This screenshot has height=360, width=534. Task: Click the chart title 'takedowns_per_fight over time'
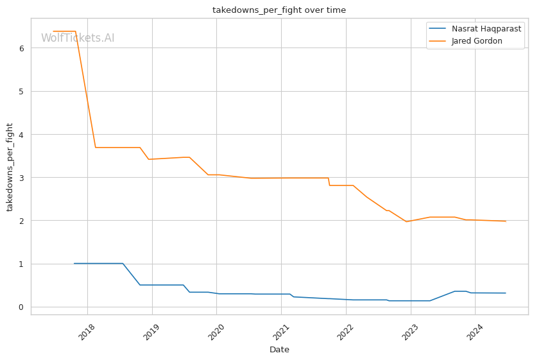(279, 10)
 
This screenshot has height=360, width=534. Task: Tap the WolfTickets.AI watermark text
(78, 39)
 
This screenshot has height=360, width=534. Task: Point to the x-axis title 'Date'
(279, 350)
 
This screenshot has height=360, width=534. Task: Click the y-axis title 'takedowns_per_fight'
(10, 167)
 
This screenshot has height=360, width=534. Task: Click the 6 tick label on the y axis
(22, 48)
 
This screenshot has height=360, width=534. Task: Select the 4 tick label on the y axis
(22, 135)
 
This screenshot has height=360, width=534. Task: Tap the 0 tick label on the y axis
(22, 307)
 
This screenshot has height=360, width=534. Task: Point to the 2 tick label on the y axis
(22, 221)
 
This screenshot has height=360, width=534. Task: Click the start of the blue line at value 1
(74, 263)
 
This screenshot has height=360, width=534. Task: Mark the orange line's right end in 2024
(506, 221)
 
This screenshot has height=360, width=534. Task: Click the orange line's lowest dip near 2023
(406, 221)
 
